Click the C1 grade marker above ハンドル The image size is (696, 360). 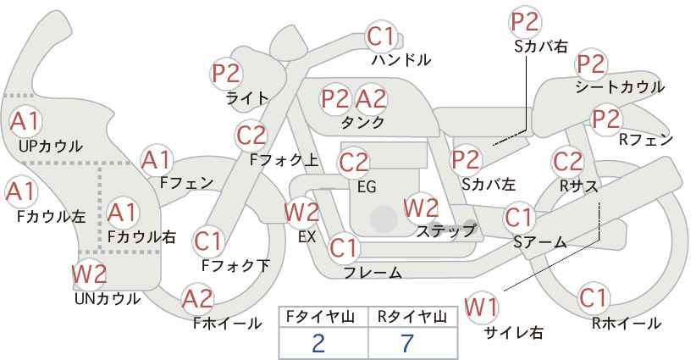click(x=381, y=36)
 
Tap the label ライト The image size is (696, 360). click(x=247, y=98)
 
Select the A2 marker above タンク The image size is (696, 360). click(x=371, y=98)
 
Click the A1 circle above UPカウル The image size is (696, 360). click(x=25, y=121)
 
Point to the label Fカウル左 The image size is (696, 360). click(x=51, y=217)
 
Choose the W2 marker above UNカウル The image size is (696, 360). click(x=89, y=274)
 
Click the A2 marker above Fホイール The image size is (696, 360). click(x=198, y=299)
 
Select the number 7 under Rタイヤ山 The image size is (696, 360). click(x=406, y=343)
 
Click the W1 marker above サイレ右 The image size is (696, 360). click(x=481, y=307)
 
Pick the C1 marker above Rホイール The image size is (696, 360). click(x=593, y=298)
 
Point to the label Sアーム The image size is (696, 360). click(x=540, y=242)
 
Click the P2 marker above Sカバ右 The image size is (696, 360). click(x=525, y=22)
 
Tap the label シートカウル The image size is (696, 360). click(x=620, y=87)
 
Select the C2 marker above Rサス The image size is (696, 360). click(x=567, y=162)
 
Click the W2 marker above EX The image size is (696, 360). click(x=301, y=212)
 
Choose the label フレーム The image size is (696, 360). click(x=373, y=273)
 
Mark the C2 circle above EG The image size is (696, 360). click(x=354, y=163)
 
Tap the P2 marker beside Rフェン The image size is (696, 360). click(x=606, y=119)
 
